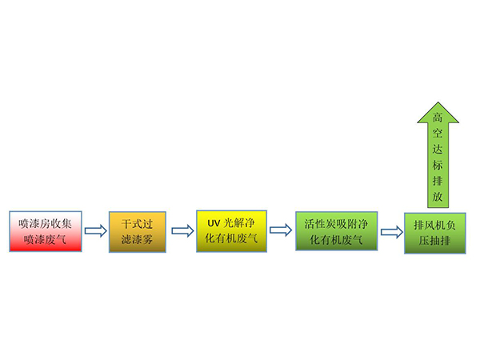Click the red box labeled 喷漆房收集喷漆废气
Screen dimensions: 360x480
click(45, 231)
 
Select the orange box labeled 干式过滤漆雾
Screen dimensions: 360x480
click(137, 231)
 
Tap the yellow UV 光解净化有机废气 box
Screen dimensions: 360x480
click(230, 230)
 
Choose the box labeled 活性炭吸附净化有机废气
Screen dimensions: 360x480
click(335, 231)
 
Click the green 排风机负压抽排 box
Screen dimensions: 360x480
click(434, 232)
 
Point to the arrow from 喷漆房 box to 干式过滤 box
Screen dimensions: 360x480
click(95, 231)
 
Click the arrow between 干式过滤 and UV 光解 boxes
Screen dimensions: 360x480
click(182, 231)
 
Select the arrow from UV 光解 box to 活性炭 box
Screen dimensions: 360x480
click(280, 231)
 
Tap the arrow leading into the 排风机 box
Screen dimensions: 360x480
click(390, 232)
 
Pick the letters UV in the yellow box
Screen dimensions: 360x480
click(213, 223)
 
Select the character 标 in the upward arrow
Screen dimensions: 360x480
click(437, 171)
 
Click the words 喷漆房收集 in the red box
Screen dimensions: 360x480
click(45, 223)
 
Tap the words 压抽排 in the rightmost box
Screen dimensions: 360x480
click(434, 239)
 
